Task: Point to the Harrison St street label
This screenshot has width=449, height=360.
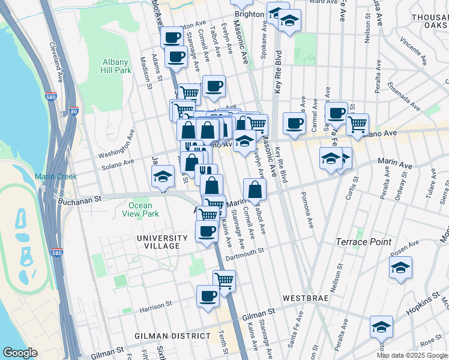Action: pos(156,306)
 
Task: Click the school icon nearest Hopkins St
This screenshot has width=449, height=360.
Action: pos(381,328)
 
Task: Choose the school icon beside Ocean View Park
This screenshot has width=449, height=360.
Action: pos(162,178)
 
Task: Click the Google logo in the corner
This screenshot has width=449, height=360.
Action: pos(21,353)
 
